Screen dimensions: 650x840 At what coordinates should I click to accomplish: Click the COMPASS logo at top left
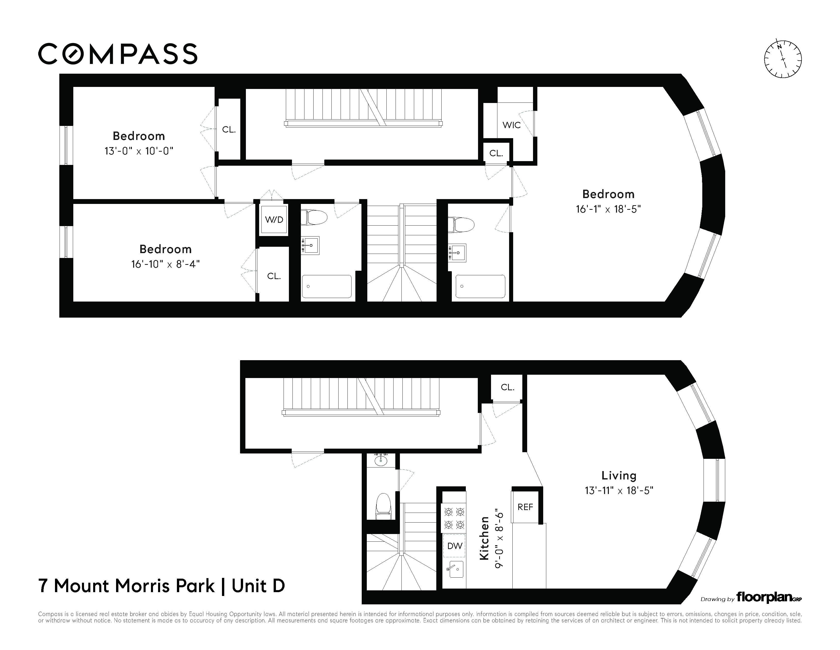[118, 54]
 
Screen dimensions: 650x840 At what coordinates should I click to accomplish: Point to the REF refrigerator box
[525, 507]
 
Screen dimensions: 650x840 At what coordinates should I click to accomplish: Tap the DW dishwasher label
[455, 546]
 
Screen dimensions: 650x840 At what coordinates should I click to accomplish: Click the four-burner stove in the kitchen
[454, 518]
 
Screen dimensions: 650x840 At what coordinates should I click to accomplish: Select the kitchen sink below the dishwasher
[454, 569]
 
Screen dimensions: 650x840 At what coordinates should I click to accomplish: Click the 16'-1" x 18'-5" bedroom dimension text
[608, 209]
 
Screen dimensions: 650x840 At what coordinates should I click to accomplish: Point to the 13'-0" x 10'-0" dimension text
[139, 151]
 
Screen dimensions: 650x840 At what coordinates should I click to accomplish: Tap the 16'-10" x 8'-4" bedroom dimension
[165, 264]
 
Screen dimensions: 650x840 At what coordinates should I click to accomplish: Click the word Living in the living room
[619, 476]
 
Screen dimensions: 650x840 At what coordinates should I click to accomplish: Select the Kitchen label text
[484, 538]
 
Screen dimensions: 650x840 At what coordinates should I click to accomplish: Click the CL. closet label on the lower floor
[507, 387]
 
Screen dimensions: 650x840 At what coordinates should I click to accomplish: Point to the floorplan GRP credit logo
[768, 597]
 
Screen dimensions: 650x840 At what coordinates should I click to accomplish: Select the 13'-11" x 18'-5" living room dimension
[619, 491]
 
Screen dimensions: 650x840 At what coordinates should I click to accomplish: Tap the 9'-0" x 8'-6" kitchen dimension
[499, 538]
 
